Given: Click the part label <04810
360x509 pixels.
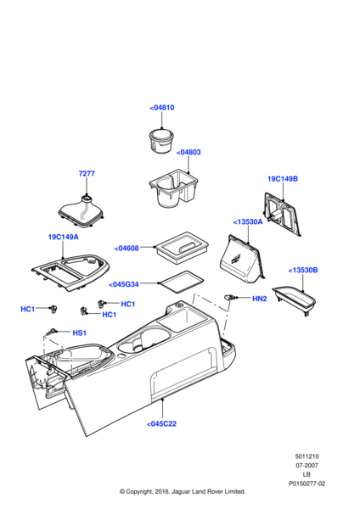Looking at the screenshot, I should pyautogui.click(x=162, y=108).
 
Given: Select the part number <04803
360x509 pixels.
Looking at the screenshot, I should pyautogui.click(x=189, y=152).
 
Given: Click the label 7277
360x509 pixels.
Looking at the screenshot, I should pyautogui.click(x=87, y=173).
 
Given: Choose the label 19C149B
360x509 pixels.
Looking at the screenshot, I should pyautogui.click(x=282, y=179).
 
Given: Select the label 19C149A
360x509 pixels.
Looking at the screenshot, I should pyautogui.click(x=63, y=238).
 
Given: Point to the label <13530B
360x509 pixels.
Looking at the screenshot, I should pyautogui.click(x=303, y=270).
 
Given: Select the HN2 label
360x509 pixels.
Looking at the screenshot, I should pyautogui.click(x=261, y=299).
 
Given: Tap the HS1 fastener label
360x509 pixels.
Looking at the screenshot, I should pyautogui.click(x=80, y=333).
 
